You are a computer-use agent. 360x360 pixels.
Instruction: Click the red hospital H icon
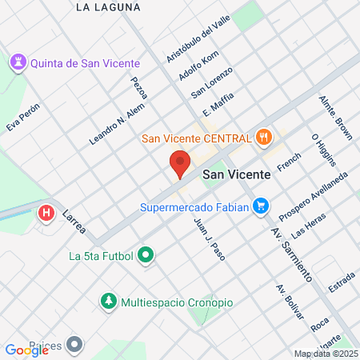pos(46,214)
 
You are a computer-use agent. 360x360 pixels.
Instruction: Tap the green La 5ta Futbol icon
pos(146,257)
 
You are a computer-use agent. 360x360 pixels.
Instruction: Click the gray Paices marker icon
pos(75,344)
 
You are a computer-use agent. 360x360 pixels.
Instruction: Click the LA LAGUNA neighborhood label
pos(106,7)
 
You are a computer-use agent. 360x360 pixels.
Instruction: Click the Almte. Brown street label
pos(336,118)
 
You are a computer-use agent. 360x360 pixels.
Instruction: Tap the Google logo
pos(26,350)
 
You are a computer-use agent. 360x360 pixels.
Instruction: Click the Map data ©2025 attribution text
pos(324,354)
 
